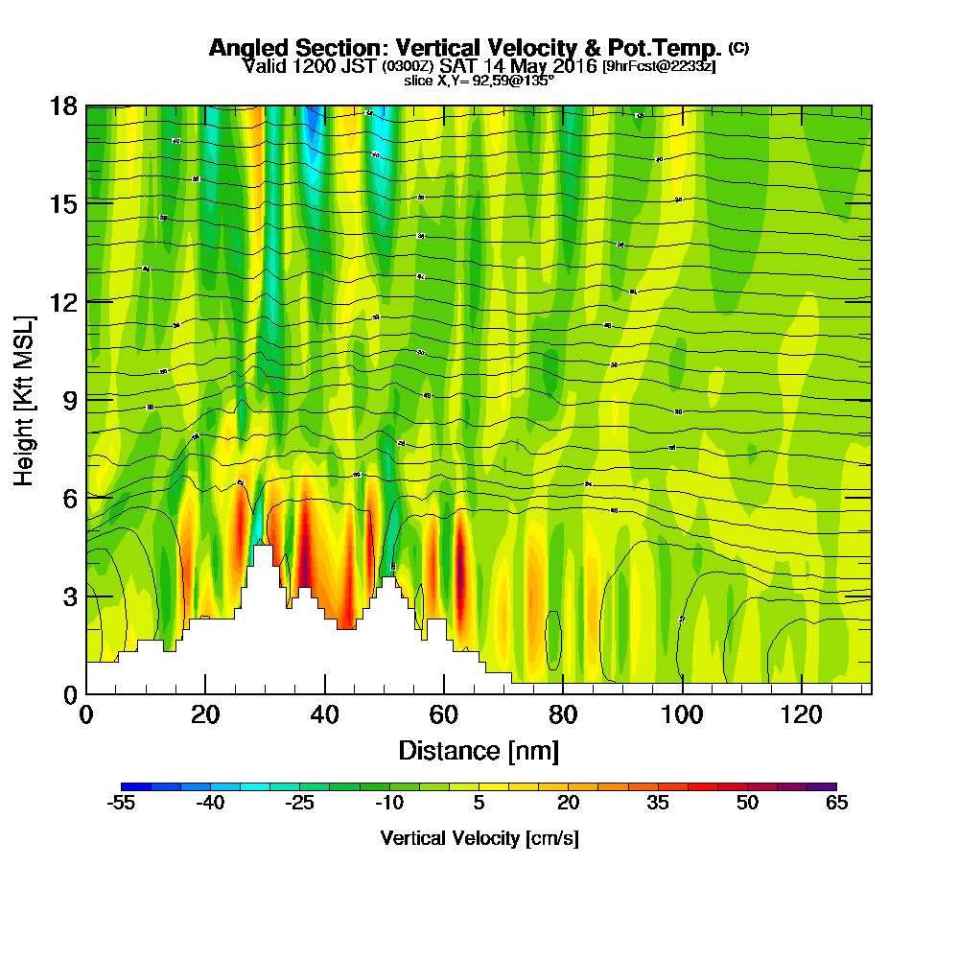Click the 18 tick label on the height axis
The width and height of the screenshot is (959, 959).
pyautogui.click(x=63, y=106)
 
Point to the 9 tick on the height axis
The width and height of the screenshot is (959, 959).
pyautogui.click(x=86, y=399)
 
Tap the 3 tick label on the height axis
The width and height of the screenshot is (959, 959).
pyautogui.click(x=69, y=596)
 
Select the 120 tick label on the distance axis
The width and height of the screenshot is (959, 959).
pyautogui.click(x=802, y=714)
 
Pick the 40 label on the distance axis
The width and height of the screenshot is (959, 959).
pyautogui.click(x=326, y=714)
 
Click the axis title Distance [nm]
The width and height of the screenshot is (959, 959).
pyautogui.click(x=479, y=750)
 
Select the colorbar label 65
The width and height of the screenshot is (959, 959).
pyautogui.click(x=836, y=804)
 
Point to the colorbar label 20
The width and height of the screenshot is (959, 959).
pyautogui.click(x=568, y=804)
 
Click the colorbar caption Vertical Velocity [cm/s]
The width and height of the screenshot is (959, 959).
pyautogui.click(x=479, y=838)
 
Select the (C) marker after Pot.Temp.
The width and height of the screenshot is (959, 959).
pyautogui.click(x=738, y=47)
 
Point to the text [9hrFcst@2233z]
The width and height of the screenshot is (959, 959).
pyautogui.click(x=658, y=66)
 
